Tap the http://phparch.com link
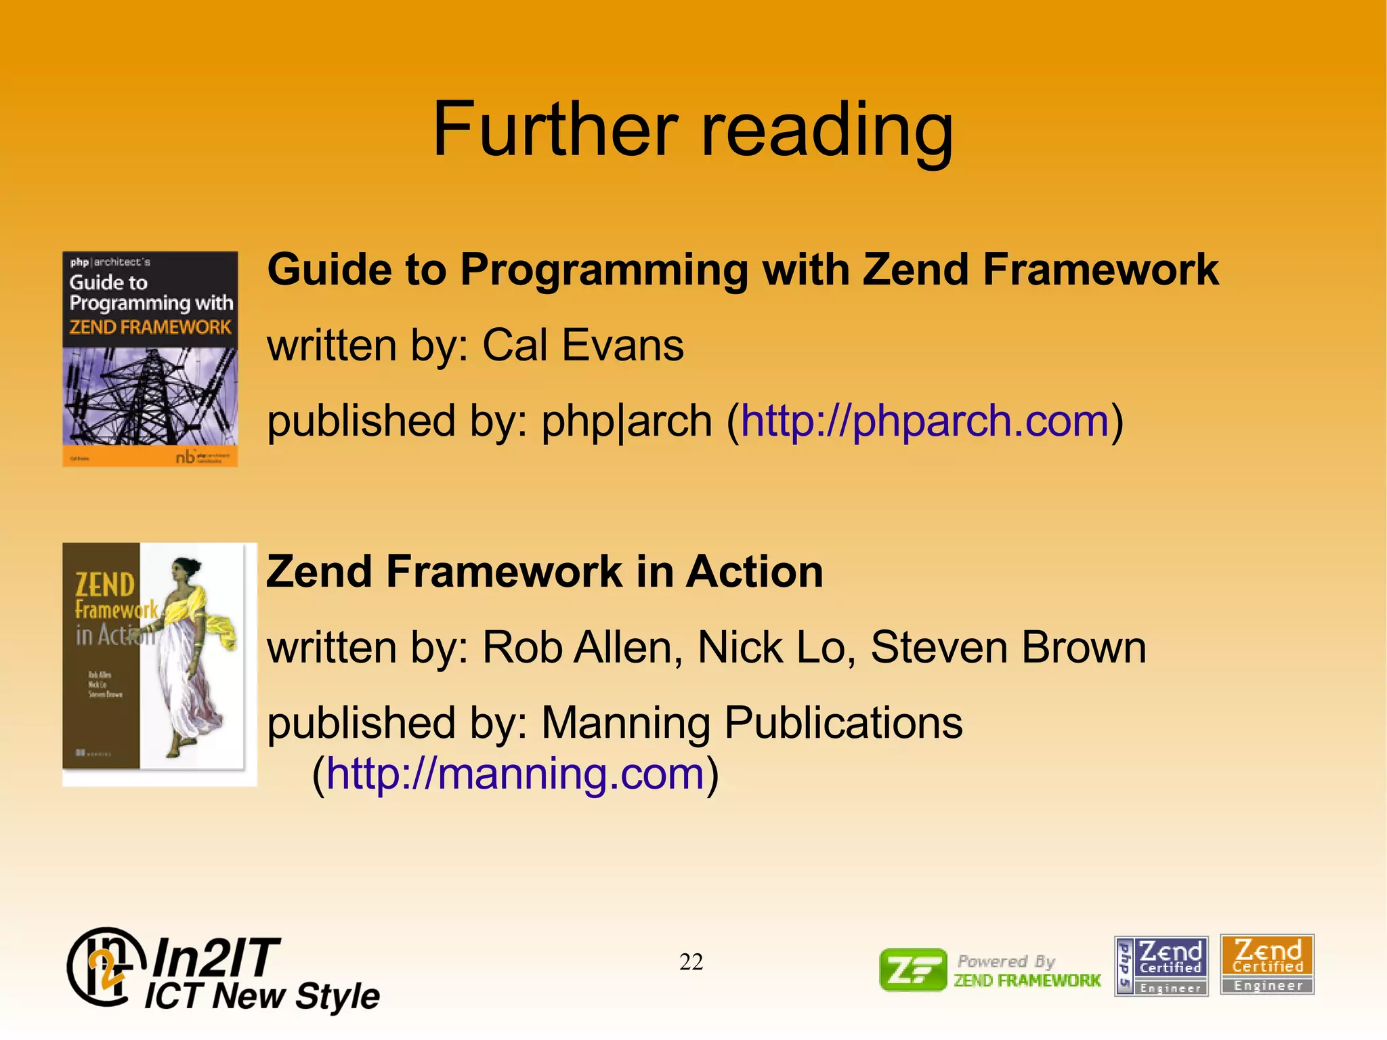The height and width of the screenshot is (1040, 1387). tap(924, 421)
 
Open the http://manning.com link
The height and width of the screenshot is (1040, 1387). tap(515, 774)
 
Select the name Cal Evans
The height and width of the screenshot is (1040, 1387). tap(582, 345)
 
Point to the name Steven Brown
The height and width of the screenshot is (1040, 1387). tap(1008, 647)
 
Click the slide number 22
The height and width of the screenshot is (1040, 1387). tap(691, 961)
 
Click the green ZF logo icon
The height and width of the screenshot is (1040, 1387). tap(912, 970)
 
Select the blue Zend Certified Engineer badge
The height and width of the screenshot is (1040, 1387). tap(1161, 965)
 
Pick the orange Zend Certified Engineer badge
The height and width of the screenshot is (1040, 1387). tap(1267, 965)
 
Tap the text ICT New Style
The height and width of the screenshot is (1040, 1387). tap(263, 997)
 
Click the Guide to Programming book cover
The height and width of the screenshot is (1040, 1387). tap(150, 359)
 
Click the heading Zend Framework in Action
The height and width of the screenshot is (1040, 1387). tap(545, 571)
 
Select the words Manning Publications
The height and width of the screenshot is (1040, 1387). tap(752, 722)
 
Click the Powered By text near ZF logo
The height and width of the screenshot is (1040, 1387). tap(1006, 961)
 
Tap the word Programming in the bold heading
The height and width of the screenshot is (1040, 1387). tap(603, 270)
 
